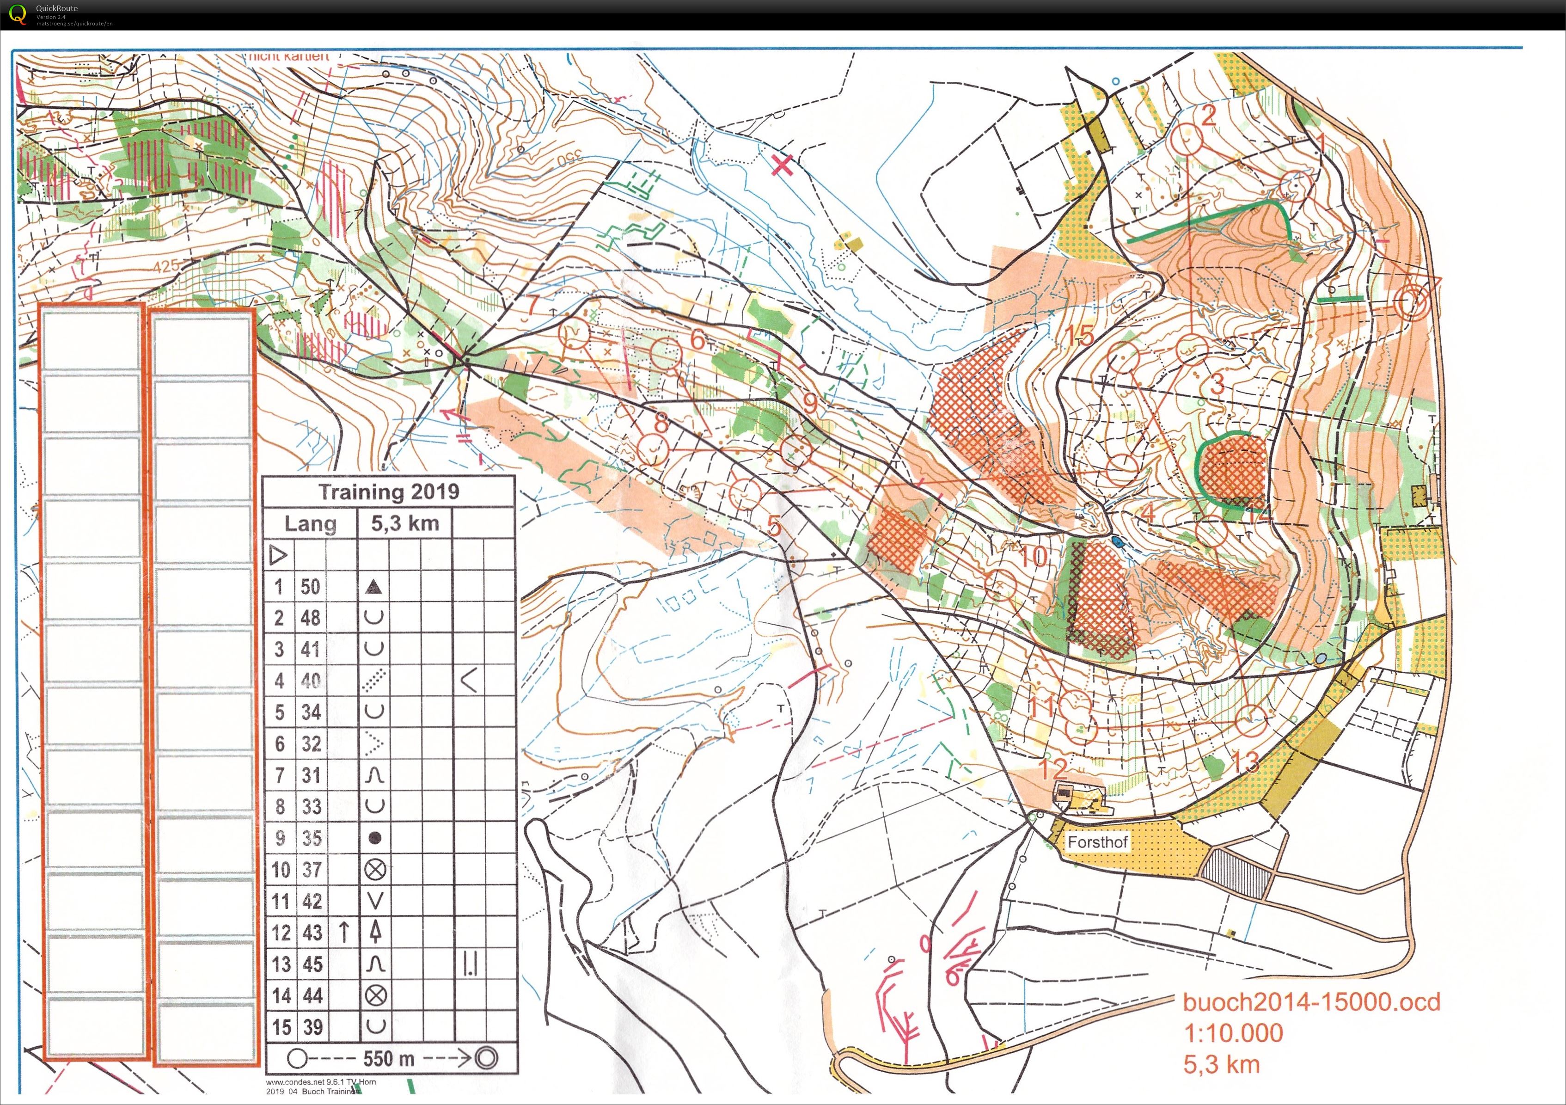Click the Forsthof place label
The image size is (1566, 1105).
pos(1097,842)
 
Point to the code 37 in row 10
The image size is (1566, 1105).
pos(311,869)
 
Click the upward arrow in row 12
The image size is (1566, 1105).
pos(344,932)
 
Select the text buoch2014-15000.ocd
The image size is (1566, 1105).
pos(1311,1001)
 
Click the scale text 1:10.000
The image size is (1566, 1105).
pos(1233,1033)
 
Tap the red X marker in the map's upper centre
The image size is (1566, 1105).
pos(783,165)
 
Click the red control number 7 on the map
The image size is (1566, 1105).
pos(532,305)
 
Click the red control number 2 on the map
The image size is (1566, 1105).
pos(1209,115)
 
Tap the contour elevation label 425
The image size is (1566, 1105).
pos(166,265)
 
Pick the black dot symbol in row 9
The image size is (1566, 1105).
pos(374,838)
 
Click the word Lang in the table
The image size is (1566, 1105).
pos(310,523)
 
